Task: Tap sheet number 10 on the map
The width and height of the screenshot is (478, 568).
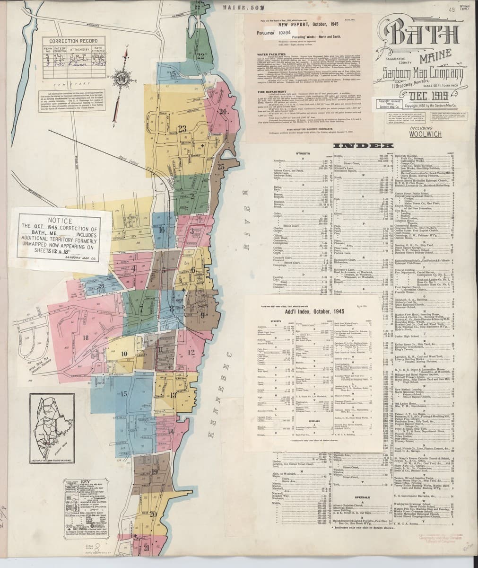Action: [124, 353]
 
